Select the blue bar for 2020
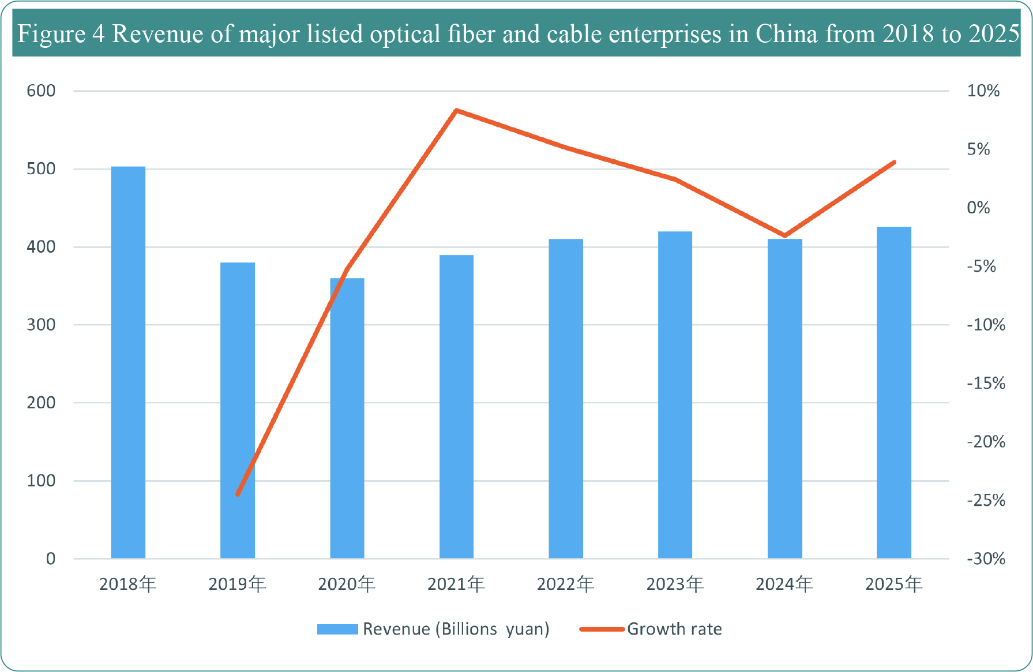coord(347,418)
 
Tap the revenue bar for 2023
coord(675,395)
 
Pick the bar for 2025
coord(893,392)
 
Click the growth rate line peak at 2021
coord(456,110)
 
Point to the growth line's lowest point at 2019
coord(238,494)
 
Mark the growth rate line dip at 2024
coord(784,235)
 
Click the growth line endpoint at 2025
coord(893,163)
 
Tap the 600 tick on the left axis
coord(41,91)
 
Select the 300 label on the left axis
coord(41,325)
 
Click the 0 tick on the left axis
coord(51,558)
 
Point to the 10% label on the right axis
coord(983,91)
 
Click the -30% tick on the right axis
coord(986,558)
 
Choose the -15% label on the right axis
coord(986,383)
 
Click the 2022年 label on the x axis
coord(565,584)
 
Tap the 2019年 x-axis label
coord(237,584)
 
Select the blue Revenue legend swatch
coord(337,629)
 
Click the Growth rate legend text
coord(674,629)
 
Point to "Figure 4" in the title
coord(61,34)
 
